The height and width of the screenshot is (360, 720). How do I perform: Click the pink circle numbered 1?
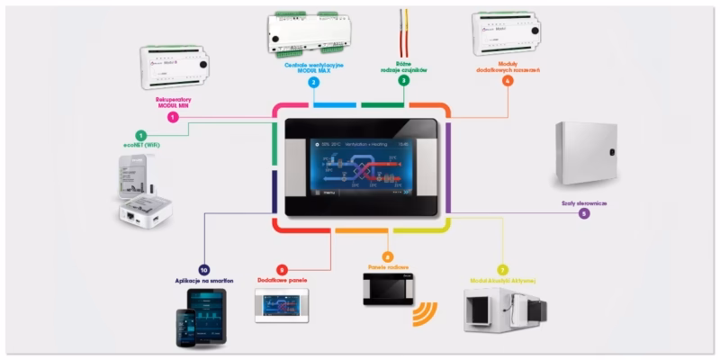pyautogui.click(x=173, y=117)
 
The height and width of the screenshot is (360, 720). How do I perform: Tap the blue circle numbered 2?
pyautogui.click(x=313, y=82)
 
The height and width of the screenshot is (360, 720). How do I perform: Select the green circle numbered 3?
pyautogui.click(x=403, y=81)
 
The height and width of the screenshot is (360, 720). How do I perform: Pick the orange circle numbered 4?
pyautogui.click(x=508, y=81)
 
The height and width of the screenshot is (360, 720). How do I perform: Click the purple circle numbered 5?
pyautogui.click(x=584, y=214)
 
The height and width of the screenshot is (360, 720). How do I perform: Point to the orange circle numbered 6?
pyautogui.click(x=388, y=256)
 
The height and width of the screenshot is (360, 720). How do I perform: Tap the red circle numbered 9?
pyautogui.click(x=282, y=269)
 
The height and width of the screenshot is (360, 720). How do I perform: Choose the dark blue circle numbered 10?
pyautogui.click(x=203, y=270)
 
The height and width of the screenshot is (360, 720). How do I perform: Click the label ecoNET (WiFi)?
pyautogui.click(x=140, y=144)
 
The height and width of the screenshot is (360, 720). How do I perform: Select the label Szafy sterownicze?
pyautogui.click(x=584, y=203)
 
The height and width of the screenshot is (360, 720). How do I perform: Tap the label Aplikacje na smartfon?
pyautogui.click(x=203, y=282)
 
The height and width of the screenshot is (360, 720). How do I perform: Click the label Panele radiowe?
pyautogui.click(x=388, y=268)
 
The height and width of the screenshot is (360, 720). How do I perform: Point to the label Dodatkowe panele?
pyautogui.click(x=282, y=281)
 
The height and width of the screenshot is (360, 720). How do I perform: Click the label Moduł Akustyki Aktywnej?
pyautogui.click(x=503, y=281)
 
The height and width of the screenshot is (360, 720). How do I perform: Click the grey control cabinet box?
pyautogui.click(x=585, y=156)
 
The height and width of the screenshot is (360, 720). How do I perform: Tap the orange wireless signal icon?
pyautogui.click(x=424, y=315)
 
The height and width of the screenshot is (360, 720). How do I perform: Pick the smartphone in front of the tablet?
pyautogui.click(x=186, y=328)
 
